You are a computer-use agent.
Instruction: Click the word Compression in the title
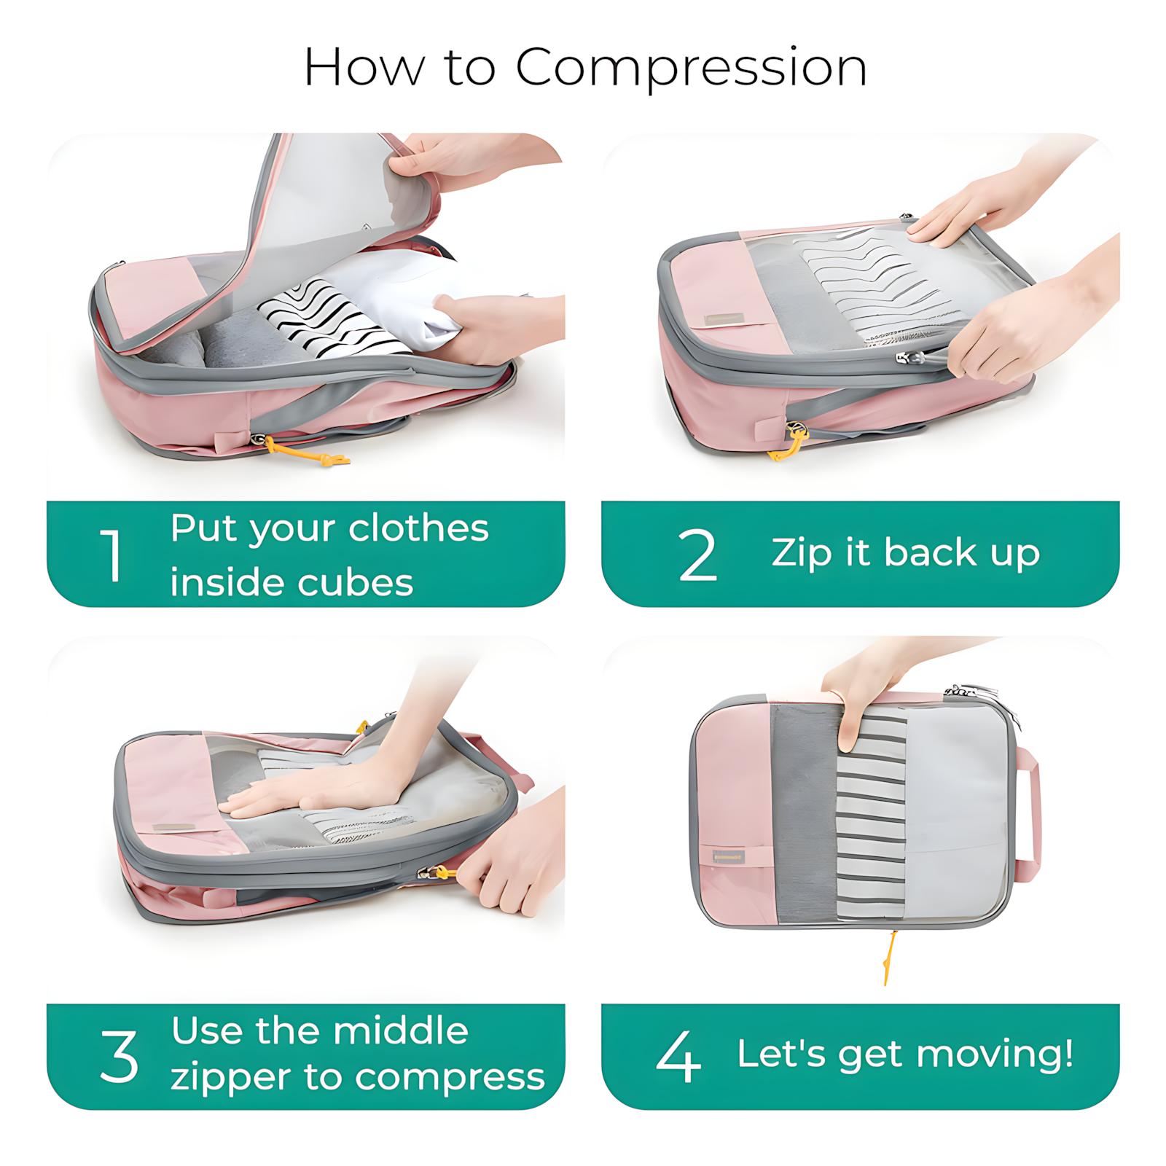pyautogui.click(x=691, y=68)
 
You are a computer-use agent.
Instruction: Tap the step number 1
pyautogui.click(x=111, y=556)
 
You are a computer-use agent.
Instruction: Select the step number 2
pyautogui.click(x=697, y=556)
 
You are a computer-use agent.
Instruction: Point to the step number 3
pyautogui.click(x=119, y=1056)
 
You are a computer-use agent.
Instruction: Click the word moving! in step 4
pyautogui.click(x=995, y=1055)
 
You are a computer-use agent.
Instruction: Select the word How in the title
pyautogui.click(x=364, y=68)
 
